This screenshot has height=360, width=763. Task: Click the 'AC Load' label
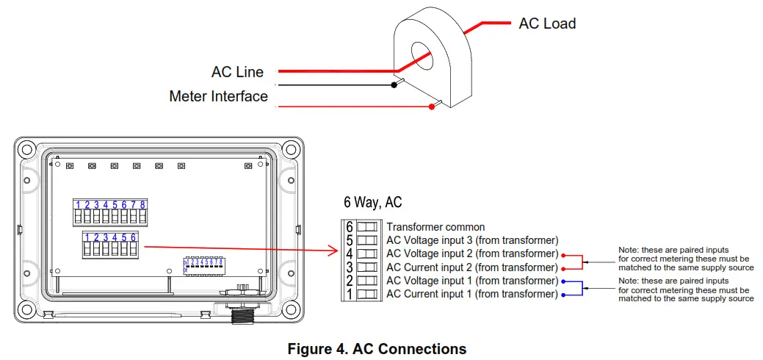tap(547, 24)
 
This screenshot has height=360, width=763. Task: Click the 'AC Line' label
tap(237, 72)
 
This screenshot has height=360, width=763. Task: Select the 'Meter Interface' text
tap(218, 96)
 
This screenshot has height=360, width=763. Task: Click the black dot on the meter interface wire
tap(394, 85)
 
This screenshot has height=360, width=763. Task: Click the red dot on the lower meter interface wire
tap(432, 107)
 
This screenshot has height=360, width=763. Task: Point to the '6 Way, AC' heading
tap(372, 202)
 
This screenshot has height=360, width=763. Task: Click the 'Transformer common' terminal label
tap(435, 227)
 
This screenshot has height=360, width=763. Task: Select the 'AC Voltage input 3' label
tap(472, 240)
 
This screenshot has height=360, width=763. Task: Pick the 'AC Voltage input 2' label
tap(472, 253)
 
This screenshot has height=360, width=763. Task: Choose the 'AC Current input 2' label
tap(472, 267)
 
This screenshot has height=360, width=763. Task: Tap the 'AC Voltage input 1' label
tap(472, 281)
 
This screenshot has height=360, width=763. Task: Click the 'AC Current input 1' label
tap(472, 294)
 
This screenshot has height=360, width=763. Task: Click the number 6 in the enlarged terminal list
tap(350, 227)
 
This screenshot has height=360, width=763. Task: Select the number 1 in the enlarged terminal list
tap(350, 294)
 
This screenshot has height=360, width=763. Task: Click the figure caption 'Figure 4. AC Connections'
tap(377, 348)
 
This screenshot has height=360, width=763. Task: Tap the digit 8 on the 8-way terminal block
tap(142, 205)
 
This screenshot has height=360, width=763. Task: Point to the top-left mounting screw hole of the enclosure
tap(26, 149)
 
